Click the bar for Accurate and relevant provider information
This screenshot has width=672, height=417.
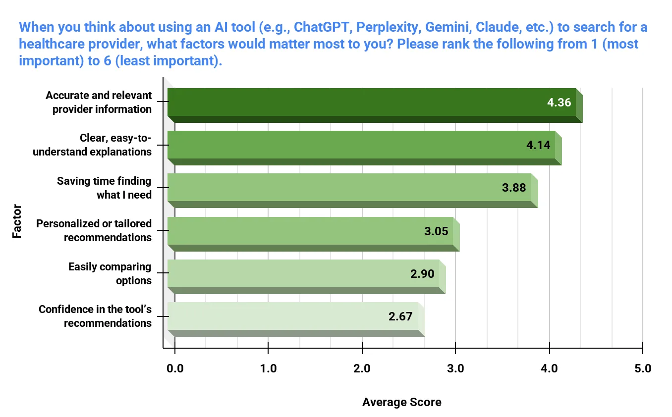372,103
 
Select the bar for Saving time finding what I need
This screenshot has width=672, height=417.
349,188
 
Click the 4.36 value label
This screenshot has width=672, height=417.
559,103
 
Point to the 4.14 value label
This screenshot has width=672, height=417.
538,146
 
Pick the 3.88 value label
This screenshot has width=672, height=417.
514,188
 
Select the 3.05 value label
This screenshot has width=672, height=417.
436,231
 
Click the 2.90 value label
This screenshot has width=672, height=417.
422,273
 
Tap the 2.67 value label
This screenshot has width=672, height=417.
400,316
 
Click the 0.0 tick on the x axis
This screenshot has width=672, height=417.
174,368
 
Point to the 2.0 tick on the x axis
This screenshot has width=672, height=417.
362,368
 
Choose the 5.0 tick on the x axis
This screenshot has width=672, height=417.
643,368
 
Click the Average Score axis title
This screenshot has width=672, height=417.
401,402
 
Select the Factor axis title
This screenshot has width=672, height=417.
17,221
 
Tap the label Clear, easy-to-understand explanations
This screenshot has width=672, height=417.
92,145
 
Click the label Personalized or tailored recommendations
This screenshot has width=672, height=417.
94,230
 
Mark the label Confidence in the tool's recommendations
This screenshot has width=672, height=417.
95,316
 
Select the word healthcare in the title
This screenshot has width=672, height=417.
56,44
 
